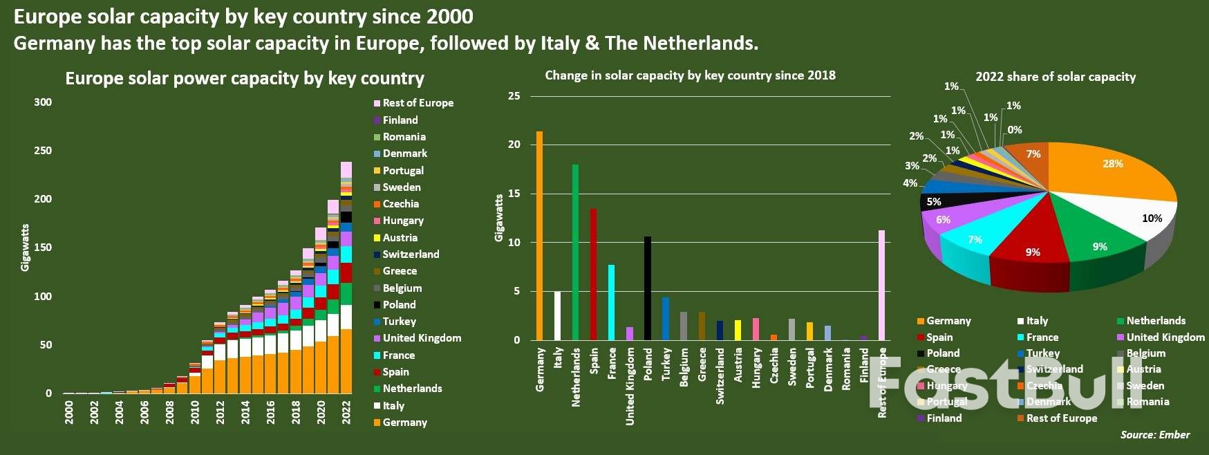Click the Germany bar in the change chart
[x=539, y=235]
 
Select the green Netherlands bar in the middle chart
[x=575, y=252]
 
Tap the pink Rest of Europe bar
[x=881, y=285]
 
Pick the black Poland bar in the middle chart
[x=648, y=288]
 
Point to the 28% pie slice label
[x=1112, y=164]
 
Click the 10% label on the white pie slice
[x=1152, y=219]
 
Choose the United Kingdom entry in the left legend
[x=421, y=338]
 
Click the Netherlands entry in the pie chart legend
[x=1155, y=321]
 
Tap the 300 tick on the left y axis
[x=43, y=102]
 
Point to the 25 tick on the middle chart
[x=514, y=96]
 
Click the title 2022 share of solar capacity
[x=1055, y=77]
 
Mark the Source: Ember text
[x=1154, y=435]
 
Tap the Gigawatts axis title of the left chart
[x=26, y=248]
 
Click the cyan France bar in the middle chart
[x=611, y=302]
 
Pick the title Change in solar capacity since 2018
[x=690, y=75]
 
